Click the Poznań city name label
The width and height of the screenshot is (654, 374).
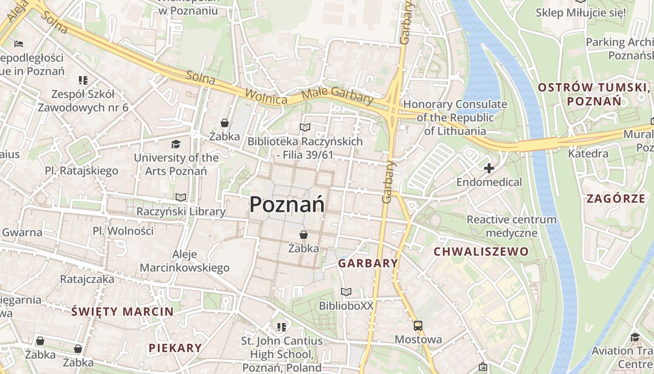pos(287,205)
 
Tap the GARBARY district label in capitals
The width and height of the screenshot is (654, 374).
pos(368,263)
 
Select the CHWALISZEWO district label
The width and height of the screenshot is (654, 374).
pos(481,252)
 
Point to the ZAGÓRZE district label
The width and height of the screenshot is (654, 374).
pos(616,199)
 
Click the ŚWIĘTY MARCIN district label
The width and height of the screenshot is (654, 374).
pos(122,312)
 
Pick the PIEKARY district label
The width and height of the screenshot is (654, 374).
pos(175,348)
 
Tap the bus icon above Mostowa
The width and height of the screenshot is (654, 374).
pos(418,326)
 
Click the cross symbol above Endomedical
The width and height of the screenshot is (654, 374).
pos(489,168)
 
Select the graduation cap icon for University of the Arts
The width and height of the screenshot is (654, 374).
pos(176,144)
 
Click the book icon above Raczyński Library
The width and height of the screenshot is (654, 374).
pos(181,198)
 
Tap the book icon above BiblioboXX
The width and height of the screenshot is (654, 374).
pos(346,292)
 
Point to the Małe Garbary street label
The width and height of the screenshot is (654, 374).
pos(337,95)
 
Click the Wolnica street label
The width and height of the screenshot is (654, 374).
pos(267,94)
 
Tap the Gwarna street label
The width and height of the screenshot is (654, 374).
pos(22,232)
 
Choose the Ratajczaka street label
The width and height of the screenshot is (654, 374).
pos(87,280)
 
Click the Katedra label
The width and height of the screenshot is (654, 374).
pos(588,153)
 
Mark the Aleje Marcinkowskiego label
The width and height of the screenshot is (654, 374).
pos(185,261)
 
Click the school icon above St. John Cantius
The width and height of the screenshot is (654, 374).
pos(281,327)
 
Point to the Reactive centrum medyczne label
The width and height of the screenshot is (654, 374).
pos(512,226)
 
